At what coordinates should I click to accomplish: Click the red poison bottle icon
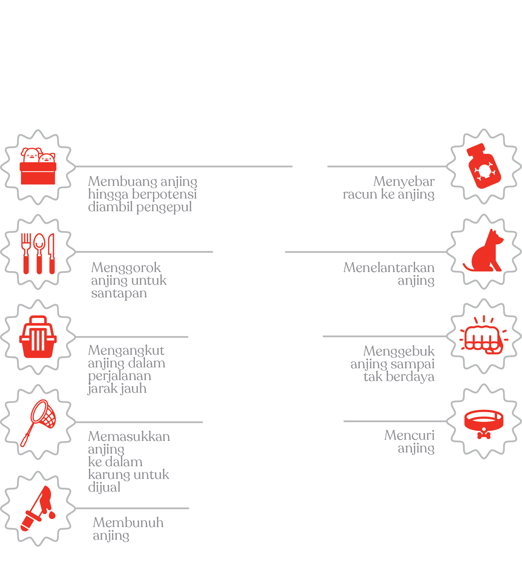[484, 167]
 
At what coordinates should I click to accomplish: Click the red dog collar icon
[484, 422]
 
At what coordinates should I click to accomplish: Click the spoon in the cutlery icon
[39, 253]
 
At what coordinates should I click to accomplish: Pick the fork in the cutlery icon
[26, 253]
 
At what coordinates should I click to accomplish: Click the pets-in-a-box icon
[38, 166]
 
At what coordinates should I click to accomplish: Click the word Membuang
[123, 182]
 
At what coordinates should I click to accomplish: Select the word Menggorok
[126, 268]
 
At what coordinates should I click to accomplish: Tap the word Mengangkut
[126, 351]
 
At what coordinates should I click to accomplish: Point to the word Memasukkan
[129, 436]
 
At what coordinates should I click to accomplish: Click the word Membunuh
[128, 522]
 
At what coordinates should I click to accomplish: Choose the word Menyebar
[404, 182]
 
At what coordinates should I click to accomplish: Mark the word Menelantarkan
[389, 267]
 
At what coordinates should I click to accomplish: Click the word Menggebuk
[399, 351]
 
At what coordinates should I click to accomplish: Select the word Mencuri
[409, 435]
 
